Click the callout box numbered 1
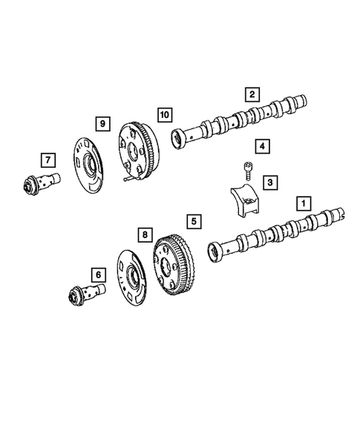coord(302,201)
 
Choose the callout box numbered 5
coord(193,220)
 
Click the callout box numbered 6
coord(97,275)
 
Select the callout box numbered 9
coord(102,121)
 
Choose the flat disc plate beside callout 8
coord(131,278)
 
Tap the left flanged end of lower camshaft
coord(215,253)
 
